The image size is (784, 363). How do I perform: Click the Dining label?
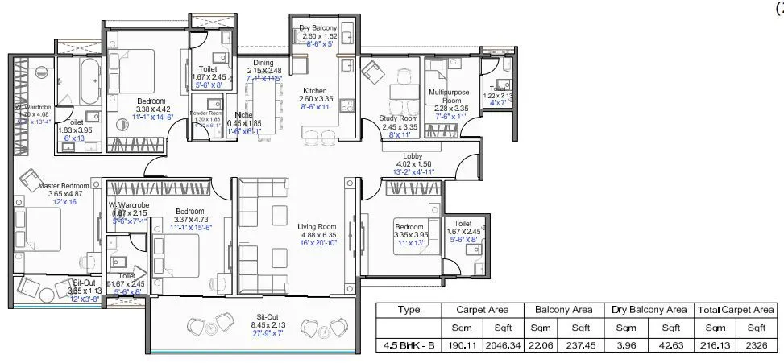click(x=263, y=63)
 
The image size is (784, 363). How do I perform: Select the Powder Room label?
click(x=205, y=113)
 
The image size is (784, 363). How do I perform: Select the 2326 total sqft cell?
click(x=756, y=346)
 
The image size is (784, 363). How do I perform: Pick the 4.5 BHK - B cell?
click(x=409, y=346)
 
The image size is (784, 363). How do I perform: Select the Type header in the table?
click(x=409, y=309)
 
